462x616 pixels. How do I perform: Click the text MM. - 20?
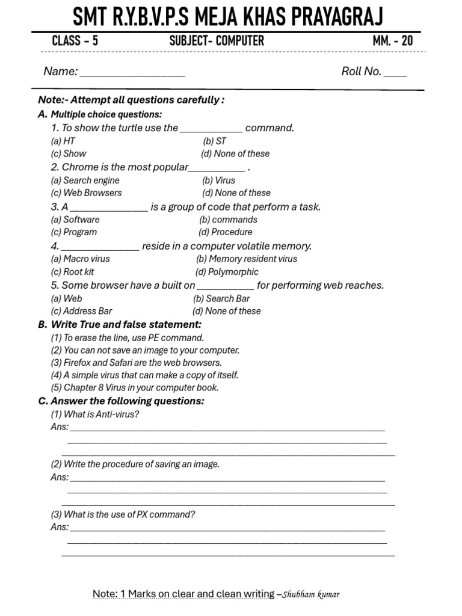[393, 41]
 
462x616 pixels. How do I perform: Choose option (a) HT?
[63, 141]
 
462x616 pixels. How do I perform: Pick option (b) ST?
[215, 141]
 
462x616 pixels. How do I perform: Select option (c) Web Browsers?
[86, 193]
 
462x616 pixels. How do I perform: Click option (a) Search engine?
[85, 180]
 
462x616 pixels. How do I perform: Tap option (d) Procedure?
[226, 232]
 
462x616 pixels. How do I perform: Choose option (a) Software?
[75, 220]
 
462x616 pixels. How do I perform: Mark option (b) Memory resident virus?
[247, 259]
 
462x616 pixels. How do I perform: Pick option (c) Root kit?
[72, 272]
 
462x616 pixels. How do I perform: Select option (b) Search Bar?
[221, 298]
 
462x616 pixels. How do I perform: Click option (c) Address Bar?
[81, 311]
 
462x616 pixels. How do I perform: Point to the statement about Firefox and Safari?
[137, 363]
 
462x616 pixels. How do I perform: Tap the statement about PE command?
[128, 337]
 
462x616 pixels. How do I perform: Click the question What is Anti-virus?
[95, 414]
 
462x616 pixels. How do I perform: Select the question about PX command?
[123, 515]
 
